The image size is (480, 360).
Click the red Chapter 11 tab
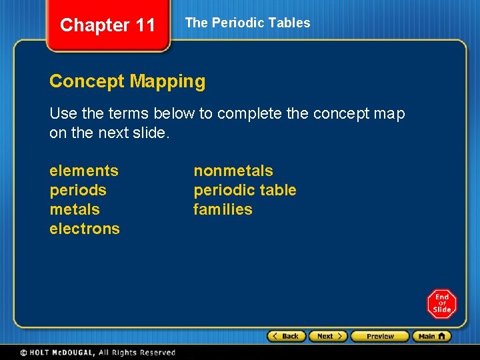pyautogui.click(x=107, y=25)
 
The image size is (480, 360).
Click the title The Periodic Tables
pyautogui.click(x=247, y=23)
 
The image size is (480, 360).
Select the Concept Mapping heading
pyautogui.click(x=127, y=81)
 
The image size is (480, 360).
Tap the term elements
pyautogui.click(x=84, y=171)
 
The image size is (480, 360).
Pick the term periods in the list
pyautogui.click(x=78, y=190)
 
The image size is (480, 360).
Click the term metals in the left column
pyautogui.click(x=75, y=209)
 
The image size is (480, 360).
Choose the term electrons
pyautogui.click(x=85, y=229)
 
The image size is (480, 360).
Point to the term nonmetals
pyautogui.click(x=233, y=171)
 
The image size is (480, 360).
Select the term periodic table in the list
pyautogui.click(x=245, y=190)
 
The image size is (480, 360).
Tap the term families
pyautogui.click(x=223, y=209)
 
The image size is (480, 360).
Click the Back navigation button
pyautogui.click(x=287, y=337)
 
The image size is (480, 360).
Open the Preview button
pyautogui.click(x=379, y=337)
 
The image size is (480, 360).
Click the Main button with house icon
pyautogui.click(x=431, y=337)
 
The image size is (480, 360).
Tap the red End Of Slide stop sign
pyautogui.click(x=441, y=304)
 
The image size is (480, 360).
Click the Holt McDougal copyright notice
pyautogui.click(x=97, y=353)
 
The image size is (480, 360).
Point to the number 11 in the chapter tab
pyautogui.click(x=145, y=25)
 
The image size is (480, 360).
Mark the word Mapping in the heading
pyautogui.click(x=167, y=81)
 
